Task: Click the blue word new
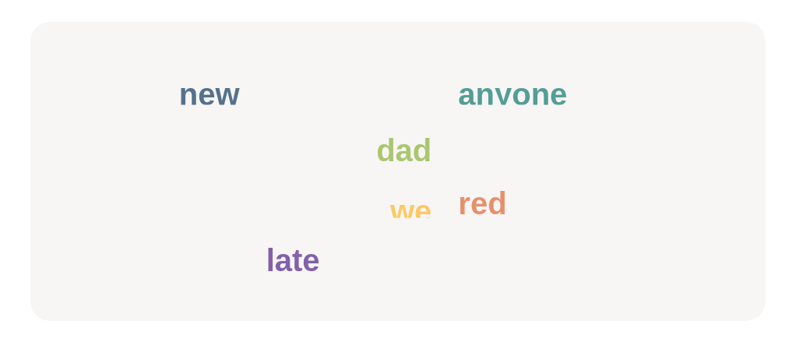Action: pos(209,95)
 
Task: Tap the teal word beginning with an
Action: pos(512,95)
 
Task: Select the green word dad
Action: pos(403,150)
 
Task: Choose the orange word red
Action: pos(482,204)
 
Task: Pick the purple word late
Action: pos(293,260)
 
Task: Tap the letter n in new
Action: pos(188,95)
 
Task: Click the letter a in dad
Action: pos(403,151)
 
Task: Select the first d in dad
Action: pos(386,150)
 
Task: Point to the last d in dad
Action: pos(421,150)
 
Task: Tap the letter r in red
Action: pos(464,205)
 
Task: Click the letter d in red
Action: pos(497,204)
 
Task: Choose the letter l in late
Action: pos(270,260)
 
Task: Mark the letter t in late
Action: pos(297,260)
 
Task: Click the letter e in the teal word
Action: pos(557,95)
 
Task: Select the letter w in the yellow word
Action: pos(401,211)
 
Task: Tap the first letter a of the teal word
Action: pos(467,95)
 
